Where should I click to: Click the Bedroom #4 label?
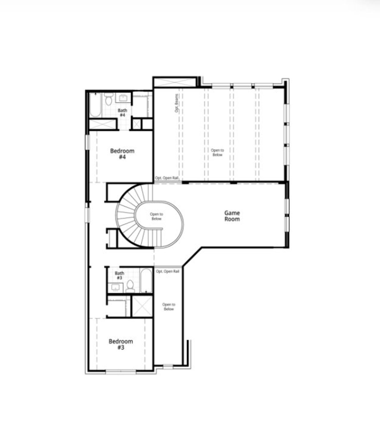pos(122,154)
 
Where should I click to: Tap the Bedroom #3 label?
pos(121,344)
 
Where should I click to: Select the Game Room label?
pos(232,216)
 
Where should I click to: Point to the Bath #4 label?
pos(122,112)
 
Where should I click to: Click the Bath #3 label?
pos(119,275)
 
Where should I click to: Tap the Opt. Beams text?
pos(176,103)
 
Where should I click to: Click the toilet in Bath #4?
pos(109,100)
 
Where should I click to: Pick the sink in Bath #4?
pos(123,98)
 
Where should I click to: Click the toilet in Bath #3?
pos(130,286)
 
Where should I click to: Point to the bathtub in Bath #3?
pos(146,281)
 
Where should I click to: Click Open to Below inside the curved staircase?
pos(156,216)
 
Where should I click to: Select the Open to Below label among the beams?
pos(217,153)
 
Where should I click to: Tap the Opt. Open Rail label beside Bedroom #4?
pos(167,178)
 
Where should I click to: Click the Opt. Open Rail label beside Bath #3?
pos(168,271)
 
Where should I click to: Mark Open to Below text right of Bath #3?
pos(169,307)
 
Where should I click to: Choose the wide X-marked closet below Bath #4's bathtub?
pos(102,124)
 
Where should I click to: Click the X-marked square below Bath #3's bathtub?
pos(142,306)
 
